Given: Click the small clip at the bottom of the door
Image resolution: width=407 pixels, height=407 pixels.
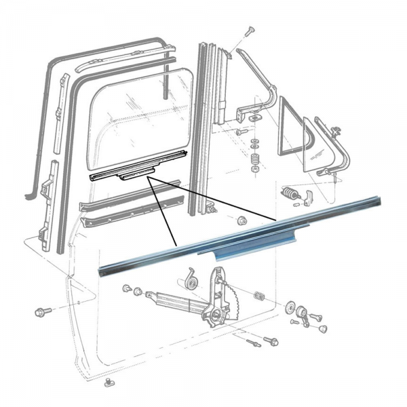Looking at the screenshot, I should [109, 385].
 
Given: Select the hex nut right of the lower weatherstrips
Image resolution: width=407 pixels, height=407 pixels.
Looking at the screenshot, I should [241, 220].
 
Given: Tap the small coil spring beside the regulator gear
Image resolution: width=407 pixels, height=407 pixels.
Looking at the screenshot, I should [258, 296].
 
